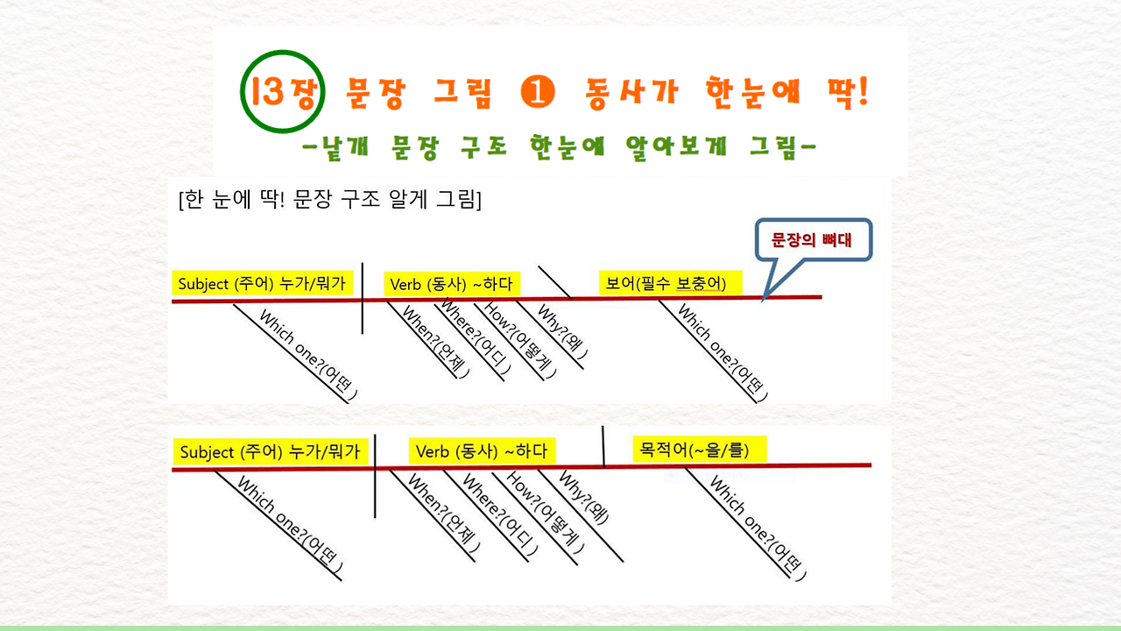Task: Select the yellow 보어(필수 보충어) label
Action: click(x=669, y=283)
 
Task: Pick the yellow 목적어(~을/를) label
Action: click(x=700, y=450)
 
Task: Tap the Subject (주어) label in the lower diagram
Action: click(x=271, y=452)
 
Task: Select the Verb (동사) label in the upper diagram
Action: click(x=451, y=283)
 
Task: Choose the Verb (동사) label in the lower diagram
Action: click(x=481, y=450)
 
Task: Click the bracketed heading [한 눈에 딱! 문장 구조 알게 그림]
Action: click(x=329, y=200)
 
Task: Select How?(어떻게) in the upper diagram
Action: click(x=520, y=340)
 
